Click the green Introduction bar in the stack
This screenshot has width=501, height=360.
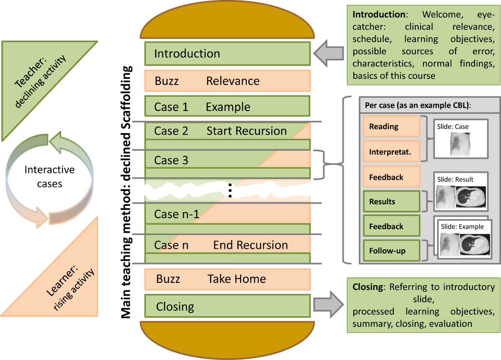(x=227, y=53)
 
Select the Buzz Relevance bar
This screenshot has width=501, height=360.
(x=227, y=81)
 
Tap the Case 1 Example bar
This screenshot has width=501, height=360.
(x=227, y=106)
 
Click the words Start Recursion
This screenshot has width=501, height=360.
(x=247, y=131)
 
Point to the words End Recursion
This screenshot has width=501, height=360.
(x=250, y=245)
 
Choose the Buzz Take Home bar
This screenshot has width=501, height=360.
(x=227, y=279)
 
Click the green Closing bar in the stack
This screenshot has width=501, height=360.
(x=227, y=306)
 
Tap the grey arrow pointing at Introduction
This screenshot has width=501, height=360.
(x=329, y=53)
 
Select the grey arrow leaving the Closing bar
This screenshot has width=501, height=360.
(x=329, y=304)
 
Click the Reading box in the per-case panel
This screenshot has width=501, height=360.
(x=392, y=127)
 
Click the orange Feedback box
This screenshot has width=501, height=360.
(x=392, y=176)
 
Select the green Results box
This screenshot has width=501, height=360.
(x=392, y=201)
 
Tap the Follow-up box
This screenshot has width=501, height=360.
(x=392, y=251)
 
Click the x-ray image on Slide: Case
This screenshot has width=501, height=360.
(x=460, y=144)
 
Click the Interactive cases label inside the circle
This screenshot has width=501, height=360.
(x=49, y=176)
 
